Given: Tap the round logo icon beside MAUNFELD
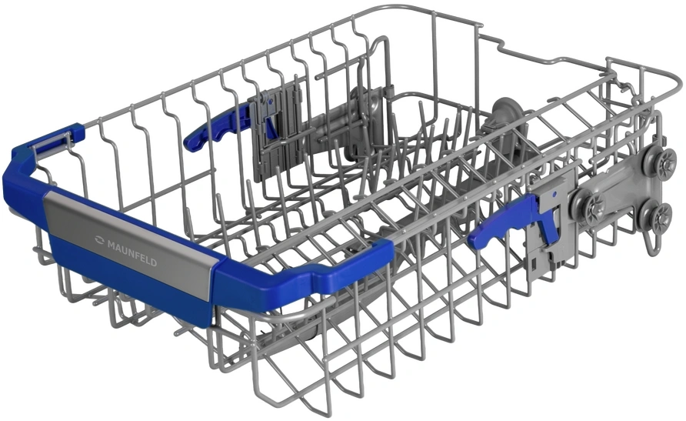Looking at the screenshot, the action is coord(99,239).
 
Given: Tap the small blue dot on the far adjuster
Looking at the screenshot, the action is coord(271,101).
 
